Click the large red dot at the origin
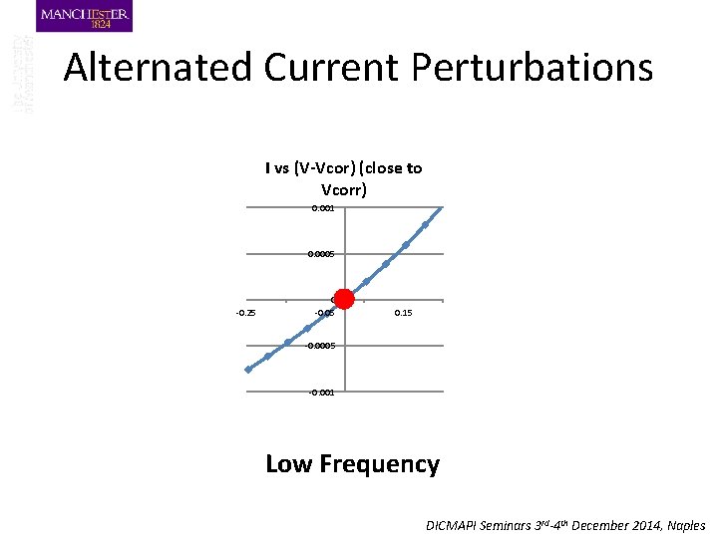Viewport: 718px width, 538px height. coord(344,298)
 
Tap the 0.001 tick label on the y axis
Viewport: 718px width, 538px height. coord(322,208)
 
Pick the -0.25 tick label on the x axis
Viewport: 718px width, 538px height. coord(245,314)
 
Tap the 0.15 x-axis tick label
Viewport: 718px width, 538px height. coord(404,314)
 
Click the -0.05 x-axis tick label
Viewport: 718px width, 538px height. coord(324,314)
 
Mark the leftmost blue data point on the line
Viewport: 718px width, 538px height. coord(248,369)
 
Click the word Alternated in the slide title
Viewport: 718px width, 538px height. coord(158,68)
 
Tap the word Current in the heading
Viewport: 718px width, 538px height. coord(327,68)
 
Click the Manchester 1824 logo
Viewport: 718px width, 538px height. coord(85,17)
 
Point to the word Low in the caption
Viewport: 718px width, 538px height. coord(288,464)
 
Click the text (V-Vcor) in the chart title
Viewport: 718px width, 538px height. coord(331,168)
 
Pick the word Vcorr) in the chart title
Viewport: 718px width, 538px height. coord(344,189)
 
